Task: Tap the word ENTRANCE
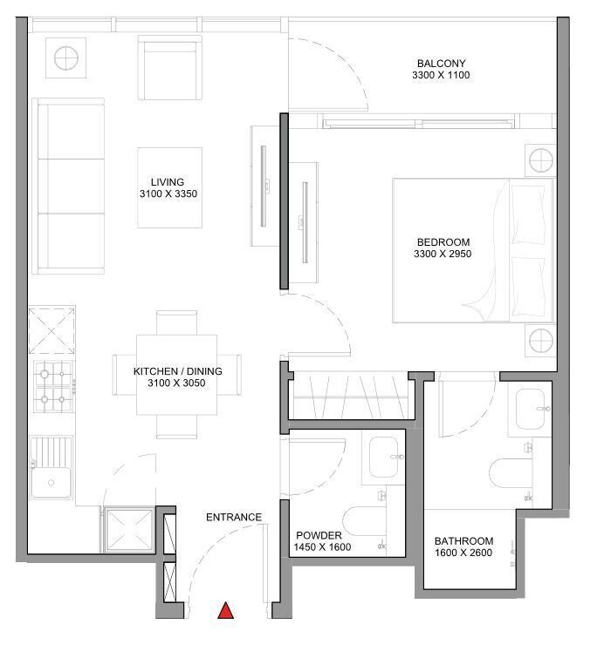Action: (x=234, y=517)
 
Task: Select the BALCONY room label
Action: (x=442, y=64)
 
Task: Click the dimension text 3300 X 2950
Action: (x=443, y=254)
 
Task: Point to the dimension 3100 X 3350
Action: (x=168, y=193)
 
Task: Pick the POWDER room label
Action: (x=319, y=535)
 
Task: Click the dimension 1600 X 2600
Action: (x=463, y=553)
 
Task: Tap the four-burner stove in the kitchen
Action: (x=53, y=386)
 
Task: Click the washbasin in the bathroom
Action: (x=530, y=410)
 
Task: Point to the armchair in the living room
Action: (x=170, y=68)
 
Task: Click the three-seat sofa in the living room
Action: (x=68, y=187)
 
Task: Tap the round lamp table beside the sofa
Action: (x=65, y=58)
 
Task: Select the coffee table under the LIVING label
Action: (x=170, y=188)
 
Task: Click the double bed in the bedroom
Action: (x=473, y=250)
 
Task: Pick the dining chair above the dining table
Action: (x=176, y=322)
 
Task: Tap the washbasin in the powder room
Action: (x=383, y=458)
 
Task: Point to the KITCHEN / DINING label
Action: (x=177, y=371)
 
